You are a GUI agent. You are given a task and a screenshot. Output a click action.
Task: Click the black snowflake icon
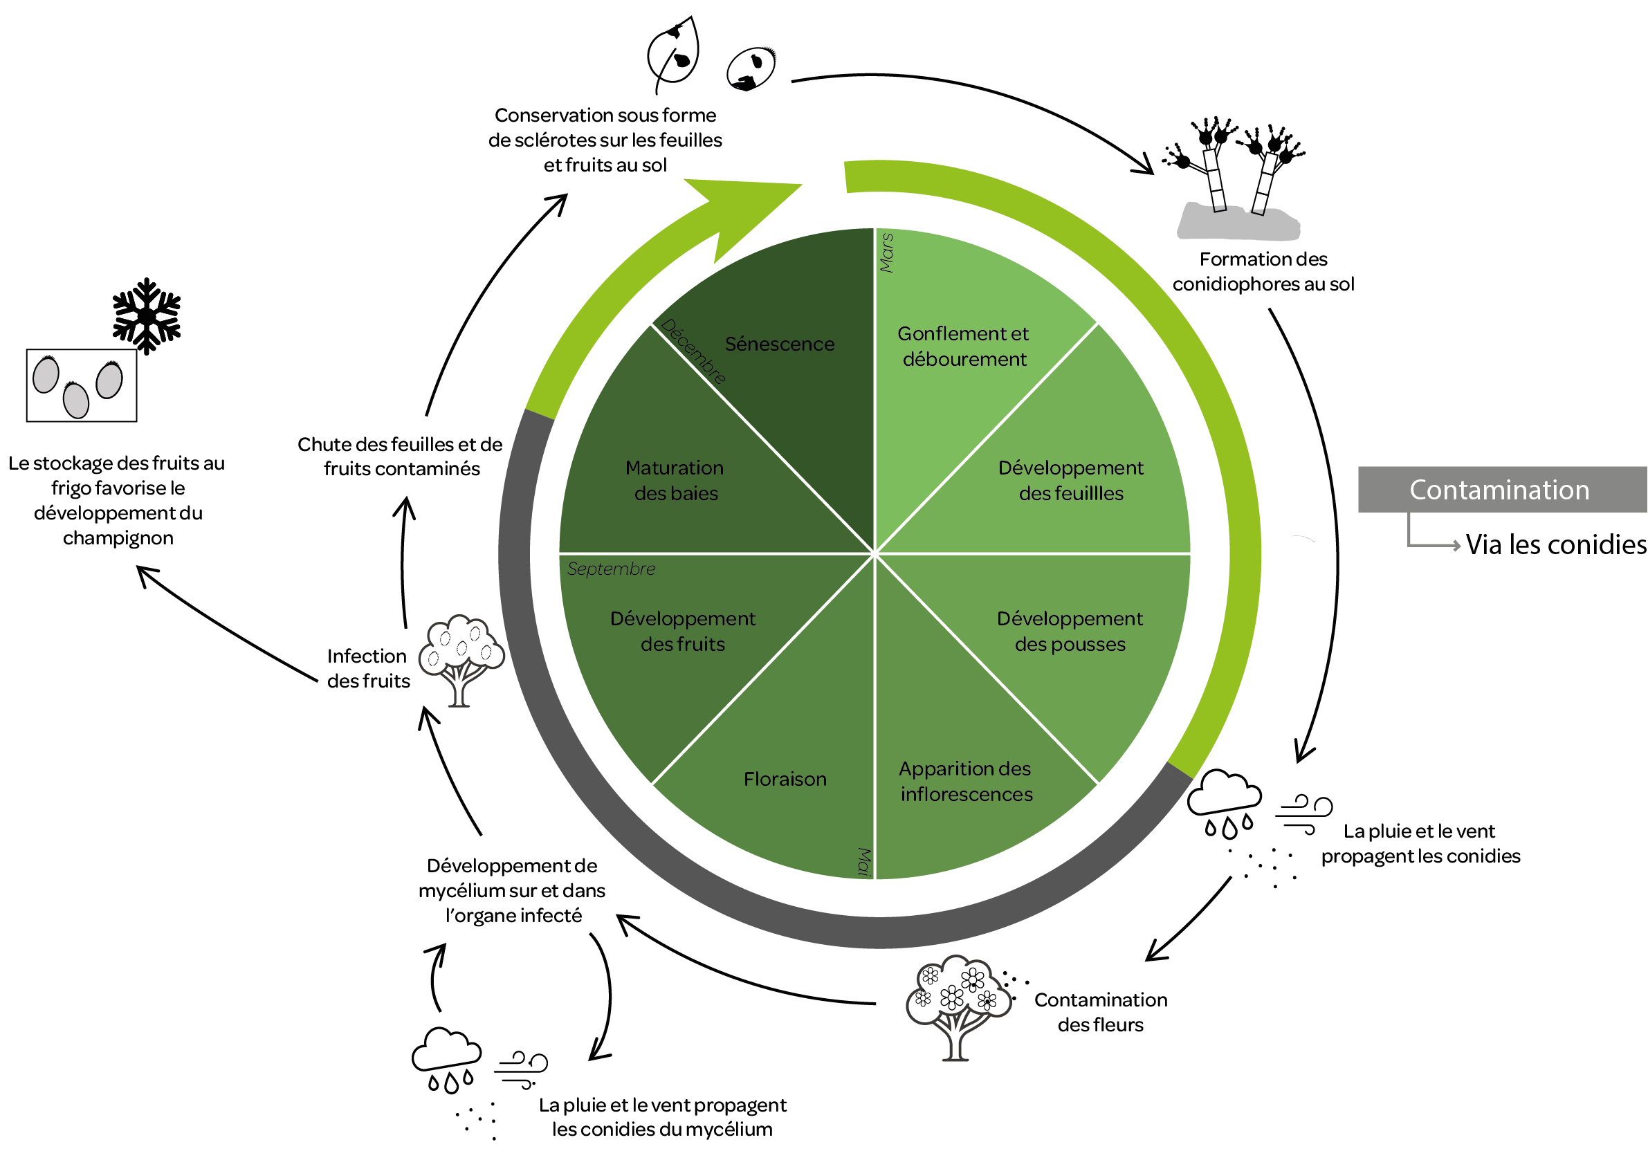click(x=147, y=316)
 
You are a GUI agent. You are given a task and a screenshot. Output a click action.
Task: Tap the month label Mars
click(x=887, y=252)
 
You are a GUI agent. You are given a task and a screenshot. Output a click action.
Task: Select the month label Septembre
click(x=611, y=569)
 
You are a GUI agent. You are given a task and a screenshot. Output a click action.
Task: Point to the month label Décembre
click(x=693, y=351)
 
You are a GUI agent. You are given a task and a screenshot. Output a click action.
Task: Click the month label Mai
click(x=864, y=861)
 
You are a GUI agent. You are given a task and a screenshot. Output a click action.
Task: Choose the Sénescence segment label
click(x=780, y=344)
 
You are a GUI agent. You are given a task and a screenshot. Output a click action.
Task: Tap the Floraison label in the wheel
click(x=785, y=779)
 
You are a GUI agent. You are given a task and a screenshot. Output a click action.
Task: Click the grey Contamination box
click(x=1501, y=490)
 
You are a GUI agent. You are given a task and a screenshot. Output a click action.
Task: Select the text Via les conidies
click(x=1555, y=545)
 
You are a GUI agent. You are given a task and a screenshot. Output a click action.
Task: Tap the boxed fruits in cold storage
click(x=81, y=385)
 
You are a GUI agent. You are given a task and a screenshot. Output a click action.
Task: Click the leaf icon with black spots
click(x=672, y=54)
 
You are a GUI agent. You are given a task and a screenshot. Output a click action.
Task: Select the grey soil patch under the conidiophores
click(x=1238, y=223)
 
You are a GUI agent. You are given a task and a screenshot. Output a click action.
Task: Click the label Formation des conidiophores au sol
click(x=1263, y=271)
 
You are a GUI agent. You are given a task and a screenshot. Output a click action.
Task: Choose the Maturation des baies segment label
click(x=675, y=480)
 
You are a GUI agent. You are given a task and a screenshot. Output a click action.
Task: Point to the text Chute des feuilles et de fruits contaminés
click(x=401, y=457)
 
